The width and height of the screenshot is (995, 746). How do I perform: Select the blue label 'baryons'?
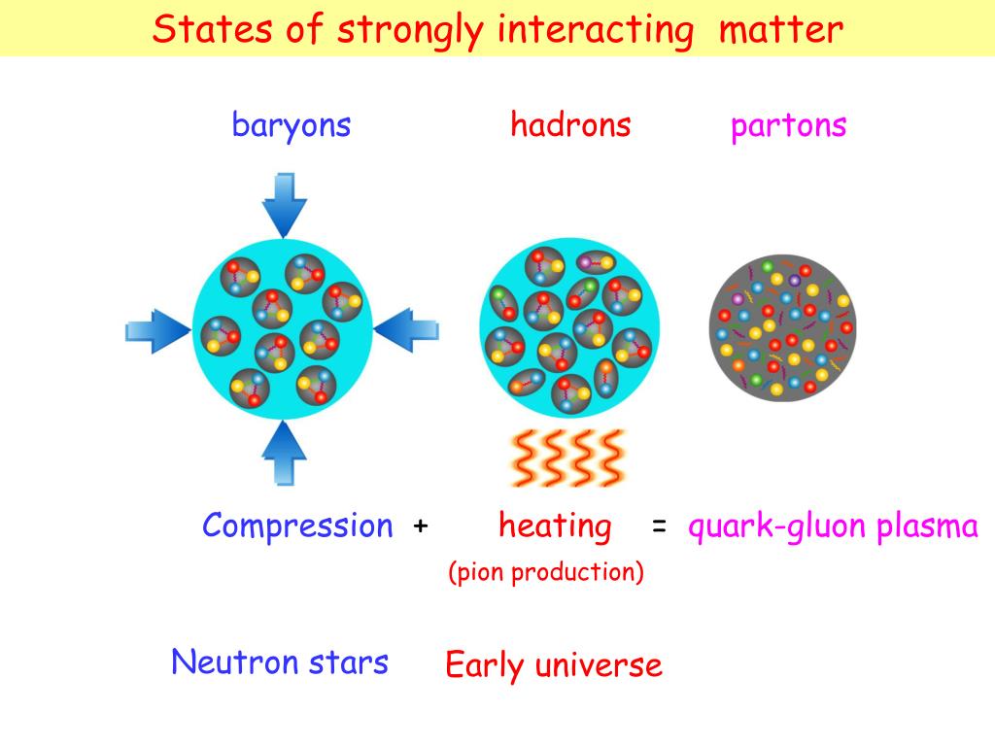click(x=292, y=125)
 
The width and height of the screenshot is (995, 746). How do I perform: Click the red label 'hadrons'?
click(x=570, y=125)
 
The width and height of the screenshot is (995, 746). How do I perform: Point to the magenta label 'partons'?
click(x=788, y=125)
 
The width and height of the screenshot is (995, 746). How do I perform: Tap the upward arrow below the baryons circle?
click(x=285, y=453)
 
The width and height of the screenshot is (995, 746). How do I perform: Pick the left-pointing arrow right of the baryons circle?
click(x=407, y=331)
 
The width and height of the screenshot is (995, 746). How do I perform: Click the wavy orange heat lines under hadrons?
click(x=567, y=458)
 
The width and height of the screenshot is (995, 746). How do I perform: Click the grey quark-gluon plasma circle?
click(x=782, y=326)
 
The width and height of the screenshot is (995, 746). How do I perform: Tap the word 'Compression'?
click(x=297, y=526)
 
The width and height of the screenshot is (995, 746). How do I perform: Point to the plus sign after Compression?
click(x=420, y=526)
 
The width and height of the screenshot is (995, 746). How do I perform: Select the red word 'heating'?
click(x=555, y=526)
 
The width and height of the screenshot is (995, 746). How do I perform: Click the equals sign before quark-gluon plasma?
click(x=659, y=526)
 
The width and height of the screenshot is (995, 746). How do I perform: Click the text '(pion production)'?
click(x=545, y=572)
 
